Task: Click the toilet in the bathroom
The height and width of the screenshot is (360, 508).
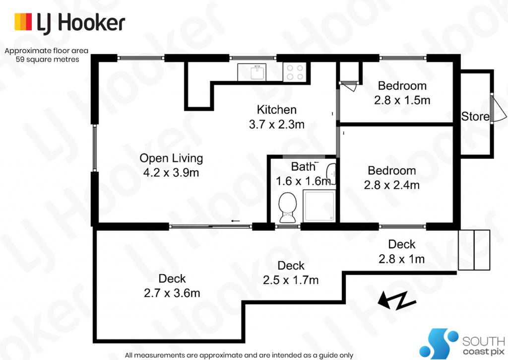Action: point(288,208)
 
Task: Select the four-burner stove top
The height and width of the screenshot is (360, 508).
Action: point(295,72)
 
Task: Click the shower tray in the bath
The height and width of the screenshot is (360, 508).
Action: point(319,206)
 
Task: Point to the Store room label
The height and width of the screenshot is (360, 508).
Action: point(475,116)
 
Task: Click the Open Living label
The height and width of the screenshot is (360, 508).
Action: point(171,158)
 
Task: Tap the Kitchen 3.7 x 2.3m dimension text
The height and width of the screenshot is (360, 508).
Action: point(277,124)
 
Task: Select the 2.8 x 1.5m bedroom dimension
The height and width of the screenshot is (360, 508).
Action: point(402,100)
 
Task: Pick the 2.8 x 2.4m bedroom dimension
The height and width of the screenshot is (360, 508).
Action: point(392,185)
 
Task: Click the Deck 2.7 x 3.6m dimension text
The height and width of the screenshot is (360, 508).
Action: point(172,293)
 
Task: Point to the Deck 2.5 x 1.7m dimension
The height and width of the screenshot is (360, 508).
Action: point(291,280)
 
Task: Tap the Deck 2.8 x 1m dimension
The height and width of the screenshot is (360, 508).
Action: point(402,259)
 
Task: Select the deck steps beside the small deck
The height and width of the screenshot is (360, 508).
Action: point(474,250)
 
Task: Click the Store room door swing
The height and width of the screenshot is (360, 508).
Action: point(498,108)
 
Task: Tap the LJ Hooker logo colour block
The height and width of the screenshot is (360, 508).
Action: point(23,22)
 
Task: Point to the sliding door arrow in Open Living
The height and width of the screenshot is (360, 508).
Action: point(236,221)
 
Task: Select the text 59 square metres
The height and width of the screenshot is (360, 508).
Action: point(47,60)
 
